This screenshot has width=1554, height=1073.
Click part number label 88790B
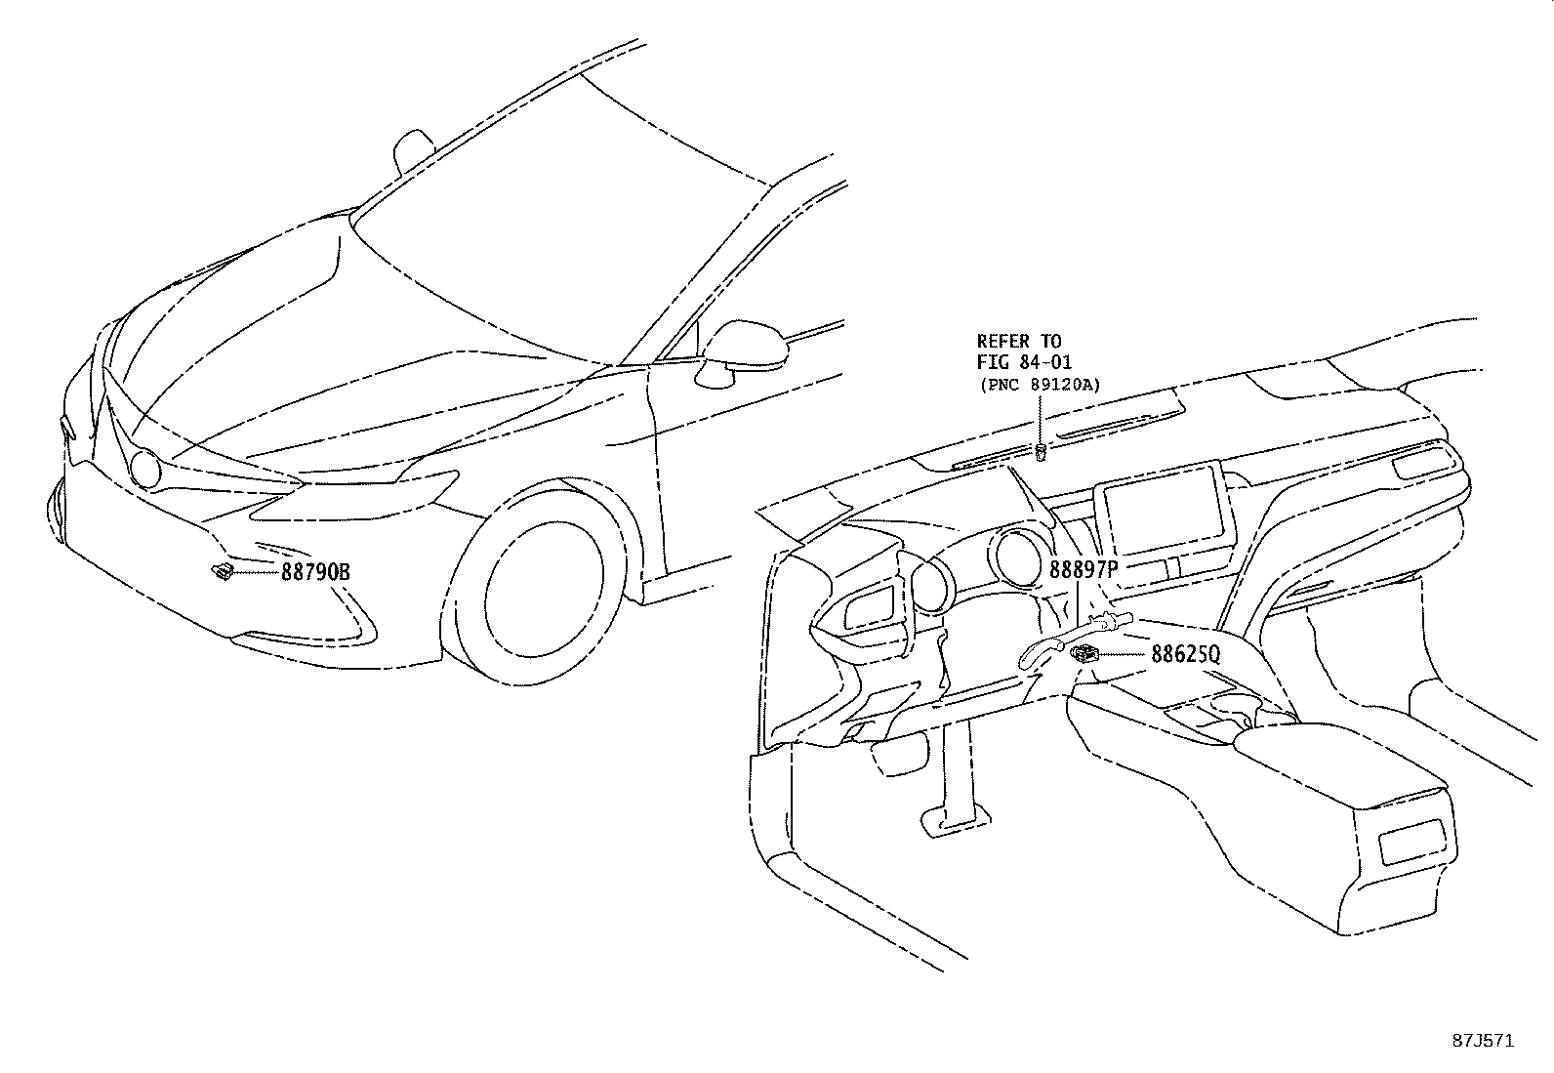point(314,572)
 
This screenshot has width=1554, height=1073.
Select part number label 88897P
point(1083,570)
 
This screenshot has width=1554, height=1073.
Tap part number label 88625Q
point(1185,655)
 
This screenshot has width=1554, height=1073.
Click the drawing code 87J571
point(1481,1041)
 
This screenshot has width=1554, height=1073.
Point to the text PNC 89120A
point(1040,385)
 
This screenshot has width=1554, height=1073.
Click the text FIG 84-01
point(1024,362)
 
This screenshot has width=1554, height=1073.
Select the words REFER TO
point(1018,341)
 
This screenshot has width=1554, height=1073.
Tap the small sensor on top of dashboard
point(1041,451)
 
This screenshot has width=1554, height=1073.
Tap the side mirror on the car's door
point(744,350)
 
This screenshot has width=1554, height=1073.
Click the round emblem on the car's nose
point(146,471)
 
